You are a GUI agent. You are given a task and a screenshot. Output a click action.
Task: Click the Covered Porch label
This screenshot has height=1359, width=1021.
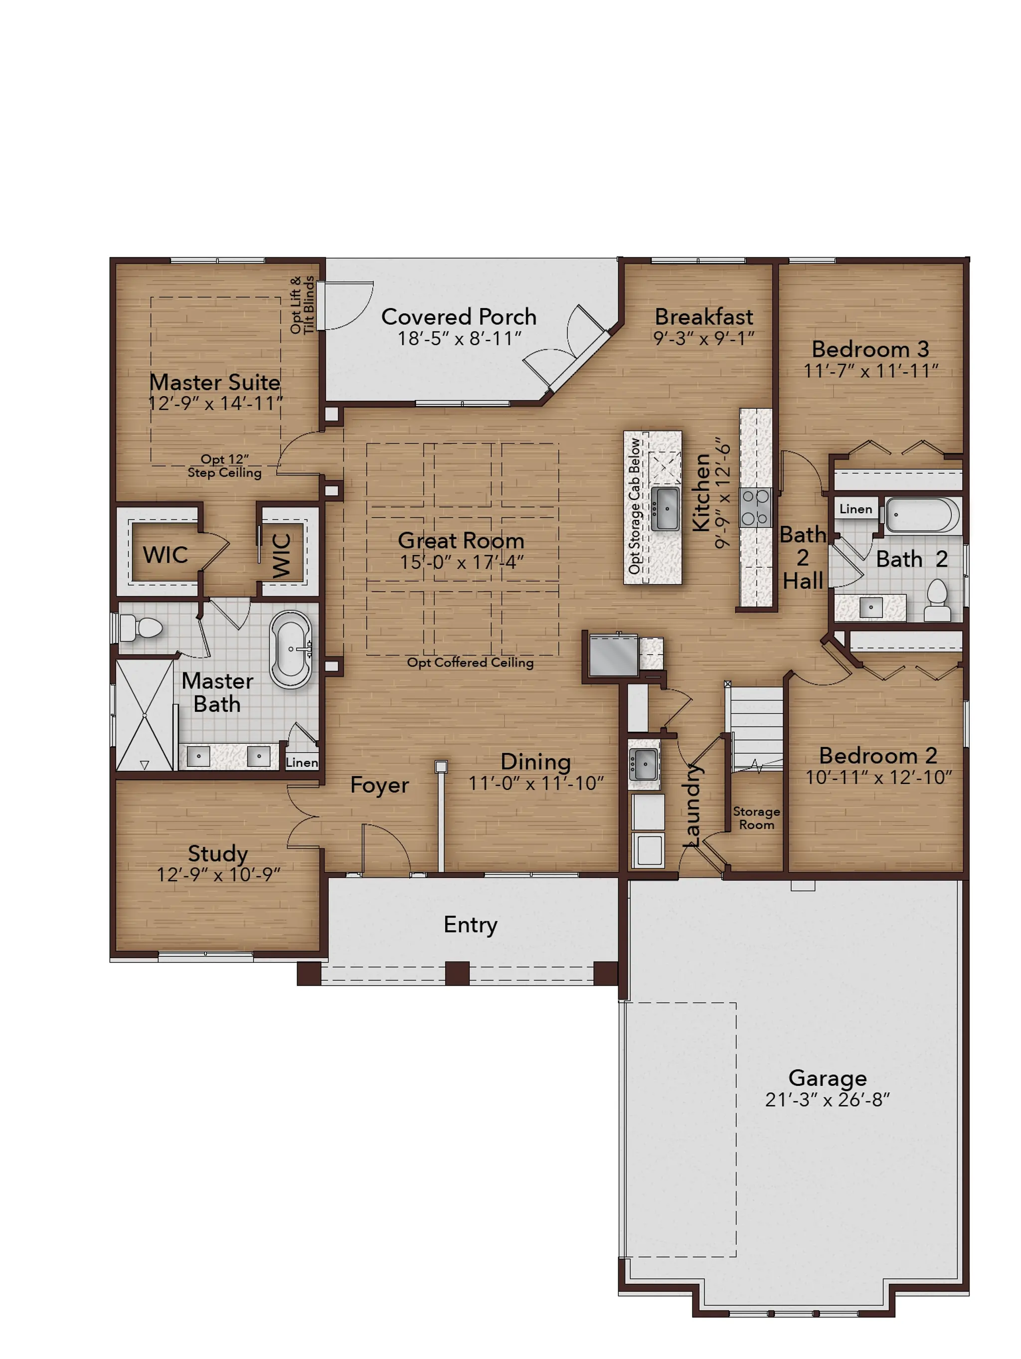coord(458,317)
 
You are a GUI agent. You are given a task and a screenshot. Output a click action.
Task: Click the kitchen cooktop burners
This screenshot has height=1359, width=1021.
coord(755,508)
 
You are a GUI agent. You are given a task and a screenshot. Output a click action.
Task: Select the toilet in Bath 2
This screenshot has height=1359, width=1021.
coord(937,600)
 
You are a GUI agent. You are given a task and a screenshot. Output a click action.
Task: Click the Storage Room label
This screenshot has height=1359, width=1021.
coord(756,818)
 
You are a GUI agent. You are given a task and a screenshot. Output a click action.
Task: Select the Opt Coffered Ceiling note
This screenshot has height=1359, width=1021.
coord(470,662)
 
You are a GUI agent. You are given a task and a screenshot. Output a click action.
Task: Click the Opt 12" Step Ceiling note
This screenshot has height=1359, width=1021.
coord(225,466)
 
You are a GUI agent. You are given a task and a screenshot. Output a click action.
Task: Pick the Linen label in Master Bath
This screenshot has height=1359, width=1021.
coord(302,762)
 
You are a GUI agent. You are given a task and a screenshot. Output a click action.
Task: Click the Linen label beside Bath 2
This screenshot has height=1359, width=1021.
coord(856,509)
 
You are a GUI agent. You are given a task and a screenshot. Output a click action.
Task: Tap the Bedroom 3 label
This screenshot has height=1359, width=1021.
coord(870,349)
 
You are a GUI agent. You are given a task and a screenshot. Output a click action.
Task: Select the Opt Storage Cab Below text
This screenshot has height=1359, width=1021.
coord(634,507)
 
